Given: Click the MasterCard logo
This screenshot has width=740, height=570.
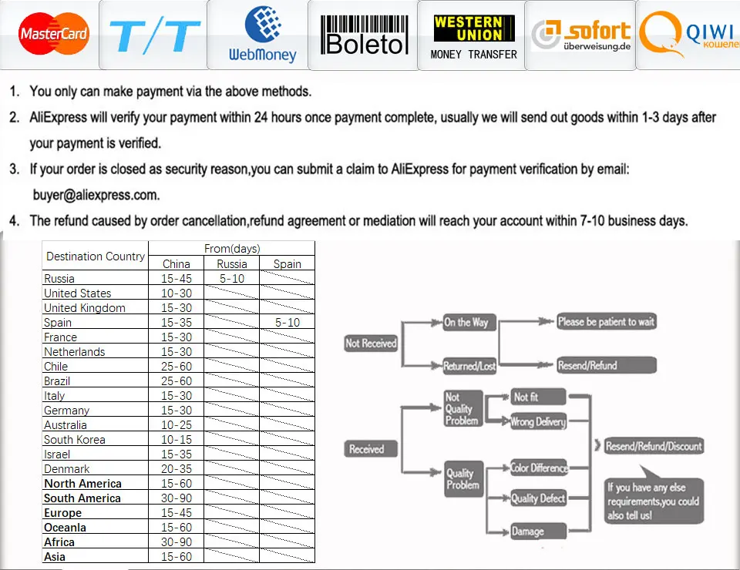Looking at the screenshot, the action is [54, 33].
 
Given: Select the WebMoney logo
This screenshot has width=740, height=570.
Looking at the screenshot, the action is [262, 35].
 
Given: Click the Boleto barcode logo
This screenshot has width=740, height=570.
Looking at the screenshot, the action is [364, 35].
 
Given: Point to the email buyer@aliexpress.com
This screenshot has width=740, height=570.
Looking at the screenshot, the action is [96, 195].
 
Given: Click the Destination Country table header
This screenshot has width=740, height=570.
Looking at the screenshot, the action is [96, 256].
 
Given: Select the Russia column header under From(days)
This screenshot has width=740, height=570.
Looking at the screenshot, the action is [232, 264].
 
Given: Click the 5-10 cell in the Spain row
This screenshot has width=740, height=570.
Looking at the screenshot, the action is [288, 323].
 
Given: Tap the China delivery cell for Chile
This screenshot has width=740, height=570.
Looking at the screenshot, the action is [177, 367].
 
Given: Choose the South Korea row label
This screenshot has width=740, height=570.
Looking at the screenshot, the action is [75, 439].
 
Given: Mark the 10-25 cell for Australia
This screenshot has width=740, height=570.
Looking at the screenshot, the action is [177, 424].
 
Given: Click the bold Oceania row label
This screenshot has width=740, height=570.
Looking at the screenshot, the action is [65, 527].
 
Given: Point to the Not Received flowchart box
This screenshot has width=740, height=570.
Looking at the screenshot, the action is [371, 344].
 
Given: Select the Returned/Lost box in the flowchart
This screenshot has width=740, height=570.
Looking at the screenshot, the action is [469, 366].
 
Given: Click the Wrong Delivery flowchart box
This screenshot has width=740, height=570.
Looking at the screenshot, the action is [538, 421].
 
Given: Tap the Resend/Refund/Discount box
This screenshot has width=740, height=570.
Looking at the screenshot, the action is [654, 446].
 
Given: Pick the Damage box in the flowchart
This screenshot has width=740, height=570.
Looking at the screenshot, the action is [539, 531].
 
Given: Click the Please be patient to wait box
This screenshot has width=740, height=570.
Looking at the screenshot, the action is [607, 321].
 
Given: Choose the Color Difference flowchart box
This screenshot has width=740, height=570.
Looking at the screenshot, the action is [539, 468].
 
